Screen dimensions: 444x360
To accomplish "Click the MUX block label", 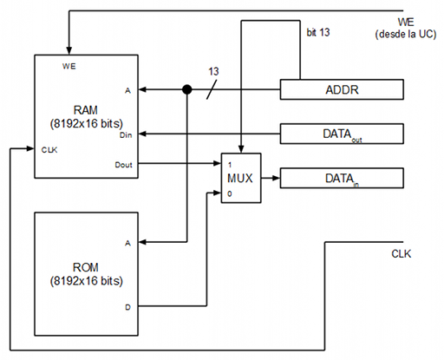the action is click(240, 178).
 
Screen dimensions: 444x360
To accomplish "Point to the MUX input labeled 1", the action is click(230, 165).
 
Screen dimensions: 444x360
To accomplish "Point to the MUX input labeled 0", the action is click(230, 193).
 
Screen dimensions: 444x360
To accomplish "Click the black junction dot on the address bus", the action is click(187, 89).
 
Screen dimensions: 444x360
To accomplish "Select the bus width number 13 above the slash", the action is click(213, 71).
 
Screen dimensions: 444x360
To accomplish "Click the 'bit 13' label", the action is click(318, 32).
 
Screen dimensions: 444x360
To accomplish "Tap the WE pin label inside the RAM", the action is click(69, 66).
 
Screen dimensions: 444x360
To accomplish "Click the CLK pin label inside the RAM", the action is click(49, 150).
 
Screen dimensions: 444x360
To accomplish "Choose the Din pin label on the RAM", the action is click(126, 135).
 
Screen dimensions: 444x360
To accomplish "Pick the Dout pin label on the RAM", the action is click(124, 165).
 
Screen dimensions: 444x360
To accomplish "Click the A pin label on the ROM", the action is click(127, 243).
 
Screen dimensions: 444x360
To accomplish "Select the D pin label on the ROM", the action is click(127, 307).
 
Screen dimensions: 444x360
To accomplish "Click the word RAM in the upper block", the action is click(86, 110).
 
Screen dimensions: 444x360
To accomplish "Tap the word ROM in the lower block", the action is click(86, 267).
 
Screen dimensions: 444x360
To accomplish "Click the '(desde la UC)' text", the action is click(406, 35).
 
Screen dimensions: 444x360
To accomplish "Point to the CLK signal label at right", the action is click(402, 254).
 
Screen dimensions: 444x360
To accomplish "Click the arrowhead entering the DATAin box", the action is click(276, 178).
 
